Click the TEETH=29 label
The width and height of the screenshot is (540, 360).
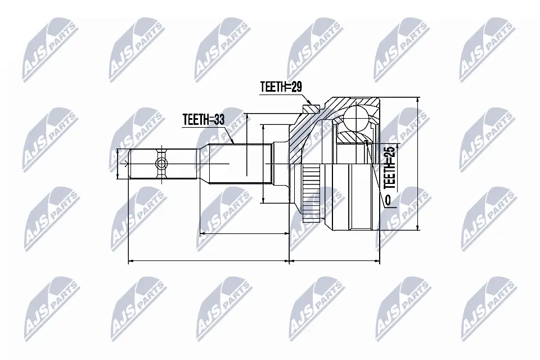pos(281,87)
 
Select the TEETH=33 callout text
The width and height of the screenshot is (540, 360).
pos(203,120)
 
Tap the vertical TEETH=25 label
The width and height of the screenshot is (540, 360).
pos(389,167)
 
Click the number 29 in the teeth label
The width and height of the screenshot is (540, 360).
pos(296,87)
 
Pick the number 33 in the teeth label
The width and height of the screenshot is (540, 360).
pos(218,120)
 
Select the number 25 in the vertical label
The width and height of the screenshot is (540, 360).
pos(389,152)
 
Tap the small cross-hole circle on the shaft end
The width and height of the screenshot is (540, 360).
pos(161,164)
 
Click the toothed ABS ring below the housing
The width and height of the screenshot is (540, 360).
pos(310,193)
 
